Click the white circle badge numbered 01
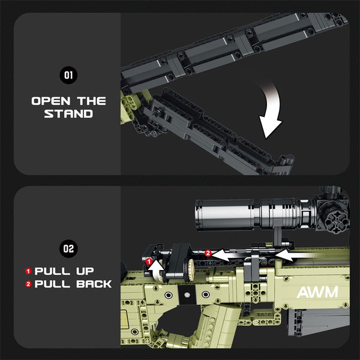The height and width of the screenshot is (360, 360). click(x=68, y=75)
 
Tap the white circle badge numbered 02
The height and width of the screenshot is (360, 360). click(x=68, y=247)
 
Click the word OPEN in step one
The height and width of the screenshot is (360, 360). click(x=52, y=101)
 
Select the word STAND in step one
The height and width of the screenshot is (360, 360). click(x=68, y=113)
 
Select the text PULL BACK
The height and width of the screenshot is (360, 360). click(x=73, y=284)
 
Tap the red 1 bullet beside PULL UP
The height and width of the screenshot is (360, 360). click(x=28, y=271)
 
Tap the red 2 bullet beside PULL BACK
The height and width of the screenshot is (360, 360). click(x=28, y=284)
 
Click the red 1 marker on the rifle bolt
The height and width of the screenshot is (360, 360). click(x=149, y=261)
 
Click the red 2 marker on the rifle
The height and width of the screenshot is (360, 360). click(x=207, y=253)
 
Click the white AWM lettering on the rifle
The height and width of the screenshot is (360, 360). click(x=317, y=292)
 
